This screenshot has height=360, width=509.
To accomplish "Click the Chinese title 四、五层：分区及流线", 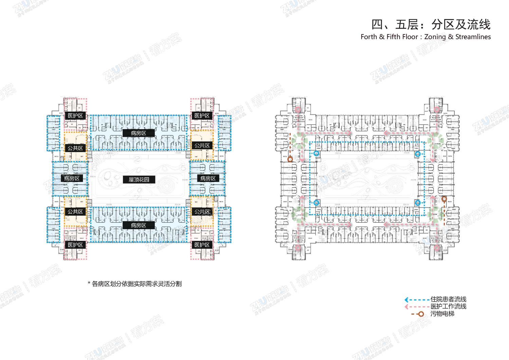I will [431, 24].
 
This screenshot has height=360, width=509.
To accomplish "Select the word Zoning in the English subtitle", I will [435, 37].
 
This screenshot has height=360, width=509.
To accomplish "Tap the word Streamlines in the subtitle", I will [473, 37].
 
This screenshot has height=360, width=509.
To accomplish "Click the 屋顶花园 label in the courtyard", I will [139, 179].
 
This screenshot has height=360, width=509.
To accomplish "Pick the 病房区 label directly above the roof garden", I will [139, 133].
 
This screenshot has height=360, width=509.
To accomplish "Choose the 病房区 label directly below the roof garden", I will [139, 225].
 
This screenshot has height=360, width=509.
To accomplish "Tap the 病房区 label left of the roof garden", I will [72, 178].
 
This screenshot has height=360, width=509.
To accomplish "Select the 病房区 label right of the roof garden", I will [208, 178].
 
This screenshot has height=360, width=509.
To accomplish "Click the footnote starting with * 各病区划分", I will [135, 283].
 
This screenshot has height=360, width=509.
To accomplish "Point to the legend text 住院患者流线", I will [448, 299].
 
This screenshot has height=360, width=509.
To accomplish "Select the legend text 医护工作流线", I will [448, 306].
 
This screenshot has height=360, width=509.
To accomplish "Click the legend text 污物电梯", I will [442, 314].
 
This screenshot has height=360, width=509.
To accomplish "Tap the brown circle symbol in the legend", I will [421, 314].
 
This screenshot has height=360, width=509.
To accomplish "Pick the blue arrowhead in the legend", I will [406, 300].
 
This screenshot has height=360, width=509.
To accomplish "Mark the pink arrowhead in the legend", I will [406, 307].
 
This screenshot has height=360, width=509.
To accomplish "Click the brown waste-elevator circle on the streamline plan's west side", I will [290, 159].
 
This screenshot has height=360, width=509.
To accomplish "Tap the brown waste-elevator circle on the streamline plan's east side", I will [444, 199].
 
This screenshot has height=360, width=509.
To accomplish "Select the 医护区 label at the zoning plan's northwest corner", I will [75, 115].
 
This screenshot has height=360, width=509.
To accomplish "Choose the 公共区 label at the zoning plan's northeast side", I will [202, 145].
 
